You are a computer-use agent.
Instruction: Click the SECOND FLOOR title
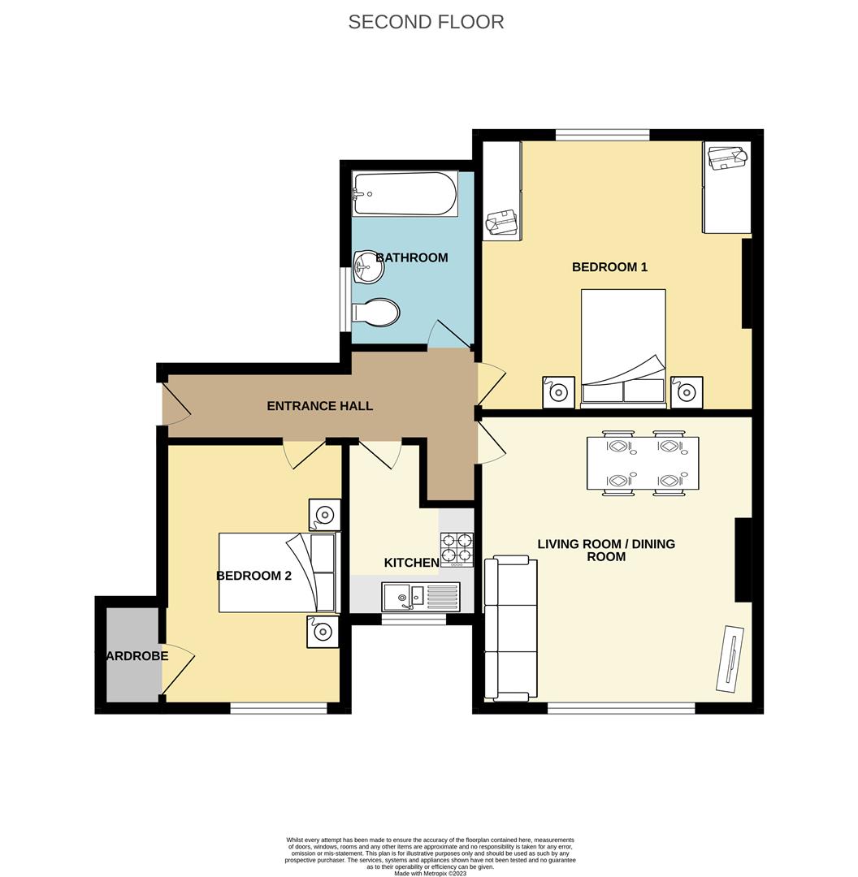pos(426,22)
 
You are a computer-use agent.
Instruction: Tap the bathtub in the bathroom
pos(404,193)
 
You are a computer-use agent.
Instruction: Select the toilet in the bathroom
pos(376,312)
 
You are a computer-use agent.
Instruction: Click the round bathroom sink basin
pos(368,267)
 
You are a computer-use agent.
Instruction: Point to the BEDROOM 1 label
pos(609,267)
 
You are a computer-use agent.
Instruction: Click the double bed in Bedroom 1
pos(623,347)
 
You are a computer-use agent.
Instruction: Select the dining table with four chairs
pos(642,463)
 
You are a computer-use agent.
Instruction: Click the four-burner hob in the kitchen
pos(457,549)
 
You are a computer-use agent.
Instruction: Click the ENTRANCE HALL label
pos(319,406)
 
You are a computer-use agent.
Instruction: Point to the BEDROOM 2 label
pos(253,576)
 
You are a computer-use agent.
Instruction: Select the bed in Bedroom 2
pos(276,572)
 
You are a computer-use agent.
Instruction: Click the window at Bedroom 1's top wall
pos(602,135)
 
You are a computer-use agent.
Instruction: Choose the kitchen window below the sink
pos(414,620)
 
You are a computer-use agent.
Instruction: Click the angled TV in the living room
pos(730,658)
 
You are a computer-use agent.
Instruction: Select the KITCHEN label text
pos(411,563)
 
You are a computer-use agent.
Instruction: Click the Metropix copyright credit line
pos(430,873)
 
